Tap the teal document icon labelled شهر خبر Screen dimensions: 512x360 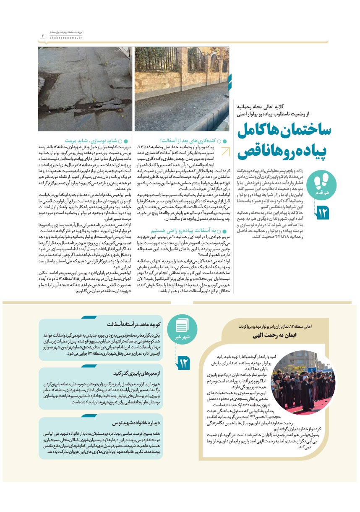click(181, 329)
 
